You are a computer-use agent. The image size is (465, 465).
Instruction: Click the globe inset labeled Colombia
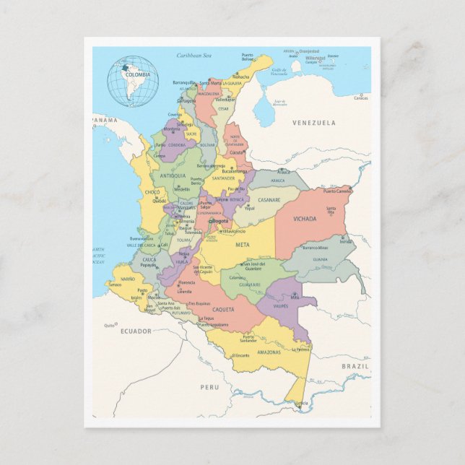point(133,81)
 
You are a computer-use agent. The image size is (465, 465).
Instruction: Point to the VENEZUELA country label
point(313,123)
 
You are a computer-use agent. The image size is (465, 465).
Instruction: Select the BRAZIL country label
point(355,366)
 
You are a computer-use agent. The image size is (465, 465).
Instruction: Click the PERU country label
point(209,387)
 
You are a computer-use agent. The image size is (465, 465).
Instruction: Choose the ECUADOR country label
point(136,331)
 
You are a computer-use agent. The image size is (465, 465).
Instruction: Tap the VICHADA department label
point(305,219)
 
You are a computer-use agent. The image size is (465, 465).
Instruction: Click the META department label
point(243,245)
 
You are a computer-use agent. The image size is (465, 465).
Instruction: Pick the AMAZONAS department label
point(248,352)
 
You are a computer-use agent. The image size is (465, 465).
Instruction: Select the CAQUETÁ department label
point(223,309)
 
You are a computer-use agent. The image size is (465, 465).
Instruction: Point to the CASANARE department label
point(269,199)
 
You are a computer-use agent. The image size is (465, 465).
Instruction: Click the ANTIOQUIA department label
point(173,175)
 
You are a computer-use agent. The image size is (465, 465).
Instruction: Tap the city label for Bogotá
point(220,221)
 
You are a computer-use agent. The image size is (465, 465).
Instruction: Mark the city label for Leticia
point(301,403)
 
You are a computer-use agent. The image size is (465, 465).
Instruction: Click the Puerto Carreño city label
point(337,191)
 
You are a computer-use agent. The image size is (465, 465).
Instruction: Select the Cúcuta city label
point(237,153)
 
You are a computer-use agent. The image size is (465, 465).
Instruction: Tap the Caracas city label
point(360,97)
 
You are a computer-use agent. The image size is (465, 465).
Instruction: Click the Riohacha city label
point(241,77)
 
